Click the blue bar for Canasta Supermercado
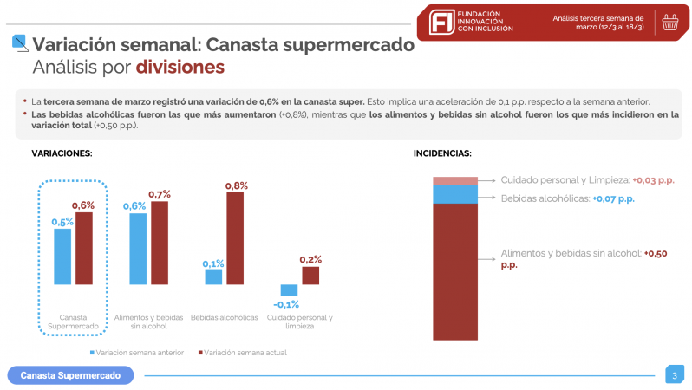coord(62,256)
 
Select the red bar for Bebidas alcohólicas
coord(234,237)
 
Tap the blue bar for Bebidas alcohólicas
coord(213,276)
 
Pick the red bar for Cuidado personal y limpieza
coord(310,275)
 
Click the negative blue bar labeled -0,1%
coord(289,290)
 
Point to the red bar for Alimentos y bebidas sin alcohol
coord(160,243)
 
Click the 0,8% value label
coord(236,185)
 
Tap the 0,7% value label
coord(160,194)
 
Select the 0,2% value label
coord(310,259)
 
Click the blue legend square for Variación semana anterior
coord(91,353)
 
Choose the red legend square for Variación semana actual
coord(200,353)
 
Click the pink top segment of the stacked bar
coord(454,180)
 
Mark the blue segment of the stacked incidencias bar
coord(454,194)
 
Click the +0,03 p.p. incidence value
coord(652,180)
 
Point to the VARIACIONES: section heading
coord(62,153)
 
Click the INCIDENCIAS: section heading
coord(442,153)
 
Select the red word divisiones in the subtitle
coord(180,68)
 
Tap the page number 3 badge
coord(674,375)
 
